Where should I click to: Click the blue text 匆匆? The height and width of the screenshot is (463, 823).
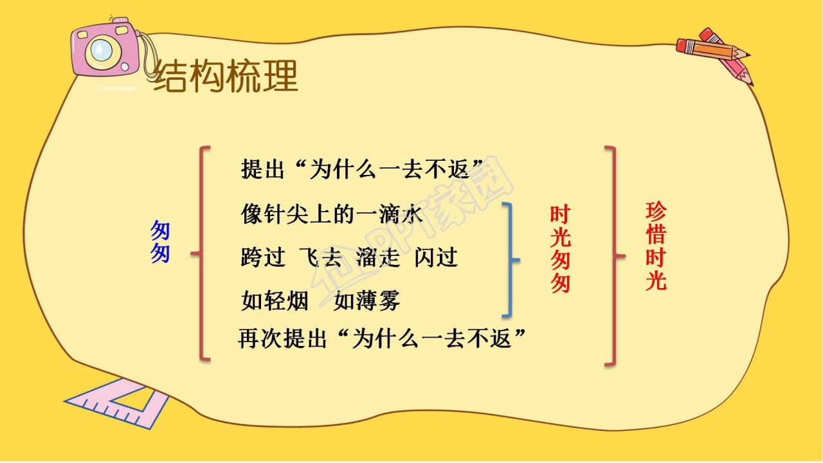[160, 242]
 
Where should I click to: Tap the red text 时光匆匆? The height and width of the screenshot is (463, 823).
[560, 250]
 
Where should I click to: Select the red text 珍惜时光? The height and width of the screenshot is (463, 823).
[656, 246]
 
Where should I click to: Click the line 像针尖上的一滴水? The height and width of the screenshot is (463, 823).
[332, 214]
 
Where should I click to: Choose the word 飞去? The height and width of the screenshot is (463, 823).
[320, 257]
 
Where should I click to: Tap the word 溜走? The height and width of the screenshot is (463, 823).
[378, 257]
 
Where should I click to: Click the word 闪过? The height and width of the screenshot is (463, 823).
[436, 257]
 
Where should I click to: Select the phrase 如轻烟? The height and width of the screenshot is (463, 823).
[275, 300]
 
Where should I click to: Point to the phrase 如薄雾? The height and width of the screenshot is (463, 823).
[367, 300]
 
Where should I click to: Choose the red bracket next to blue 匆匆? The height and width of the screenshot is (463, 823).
[202, 254]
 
